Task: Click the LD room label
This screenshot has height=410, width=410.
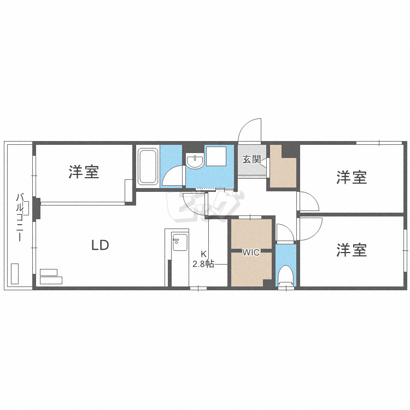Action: [100, 245]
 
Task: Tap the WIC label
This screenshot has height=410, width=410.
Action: [251, 253]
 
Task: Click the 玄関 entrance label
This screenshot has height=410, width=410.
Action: [251, 160]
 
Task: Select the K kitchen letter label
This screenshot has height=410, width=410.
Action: [203, 254]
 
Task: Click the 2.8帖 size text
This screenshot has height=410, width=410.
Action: [203, 264]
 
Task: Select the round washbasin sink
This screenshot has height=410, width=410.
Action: [194, 161]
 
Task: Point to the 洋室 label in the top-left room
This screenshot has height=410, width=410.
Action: [84, 172]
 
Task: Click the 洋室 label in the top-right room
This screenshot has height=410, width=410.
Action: [352, 177]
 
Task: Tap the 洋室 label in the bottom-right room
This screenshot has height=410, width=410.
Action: [352, 250]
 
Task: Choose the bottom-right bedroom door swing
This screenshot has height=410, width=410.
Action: [309, 227]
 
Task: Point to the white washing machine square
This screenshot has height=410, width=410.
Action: [215, 156]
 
